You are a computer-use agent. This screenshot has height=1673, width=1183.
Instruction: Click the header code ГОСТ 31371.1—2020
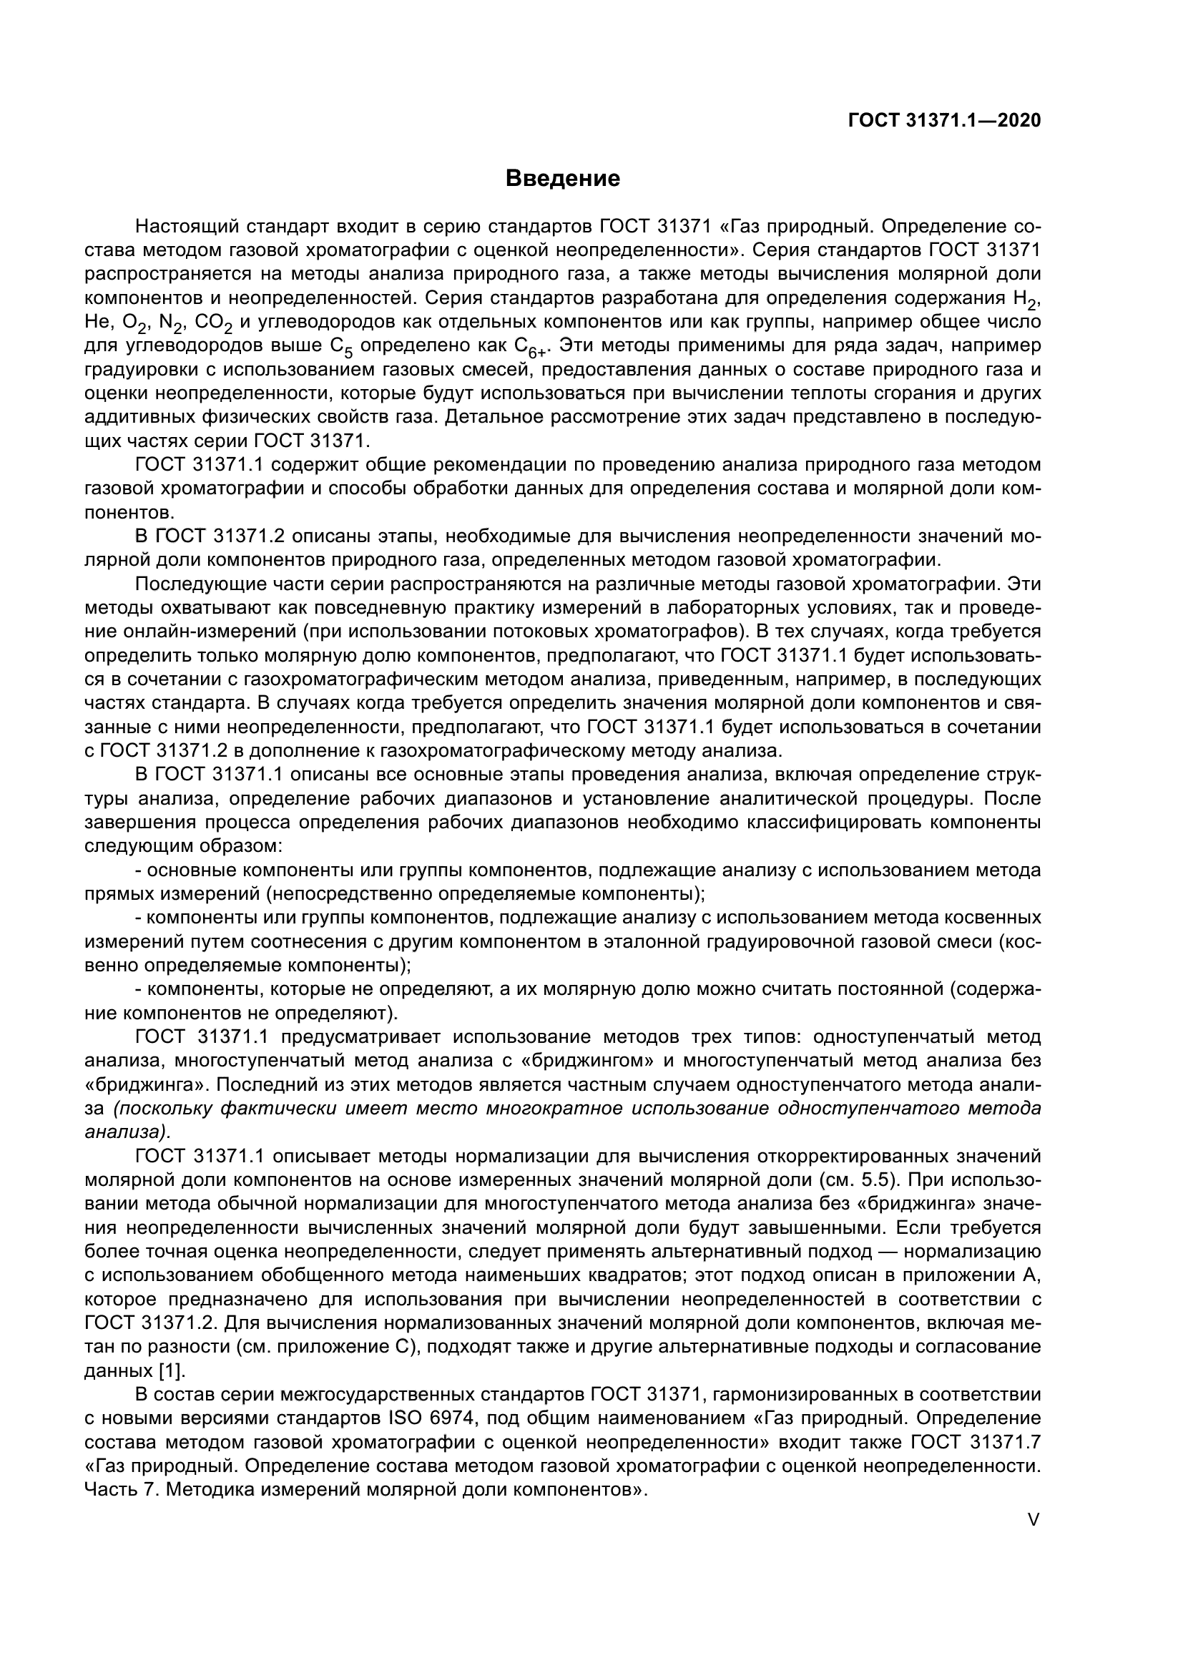click(944, 120)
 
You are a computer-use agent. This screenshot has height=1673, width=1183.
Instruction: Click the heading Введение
click(562, 179)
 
